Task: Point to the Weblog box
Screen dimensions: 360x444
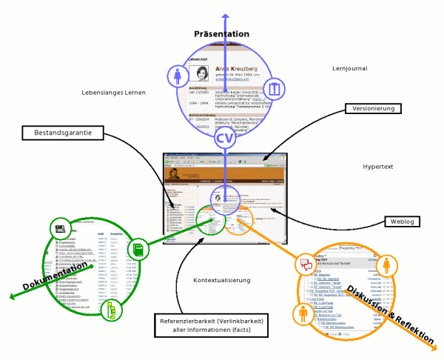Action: [406, 221]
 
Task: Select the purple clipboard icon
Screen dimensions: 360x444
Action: [275, 89]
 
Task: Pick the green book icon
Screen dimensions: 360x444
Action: [139, 247]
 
